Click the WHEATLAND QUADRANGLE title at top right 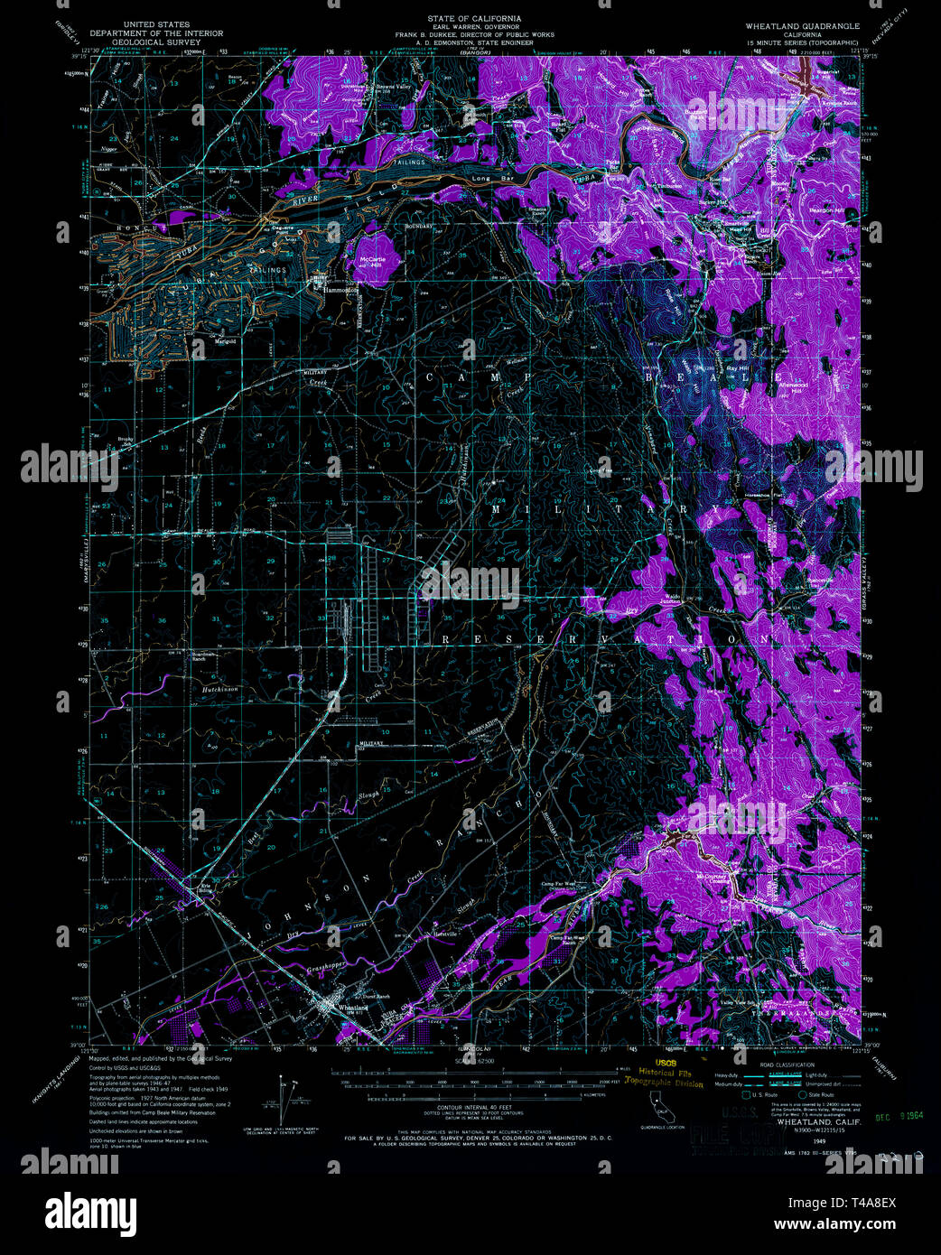pyautogui.click(x=802, y=26)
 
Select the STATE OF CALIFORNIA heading pyautogui.click(x=474, y=19)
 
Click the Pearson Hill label pyautogui.click(x=820, y=210)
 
